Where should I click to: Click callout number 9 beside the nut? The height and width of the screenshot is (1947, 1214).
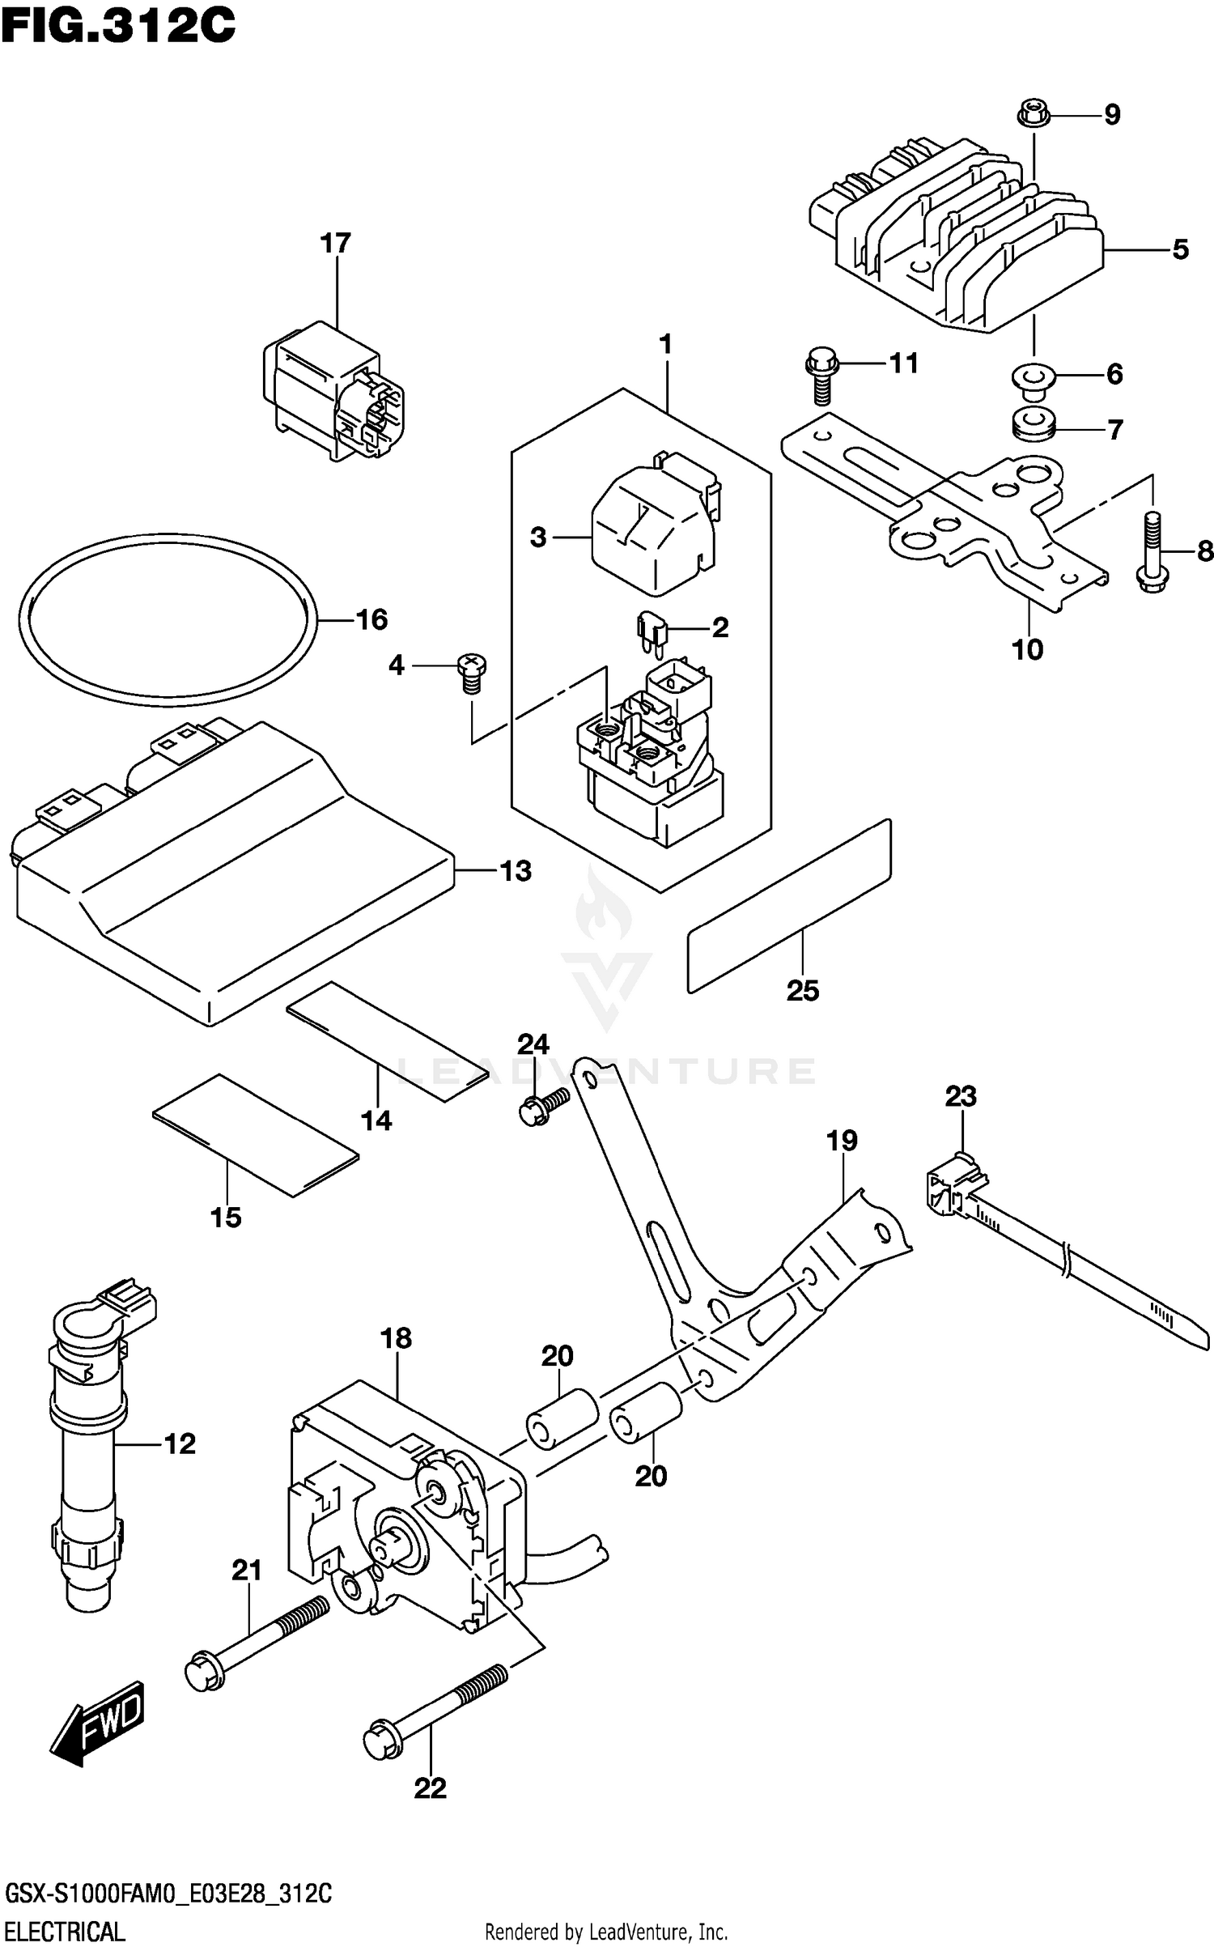click(1112, 115)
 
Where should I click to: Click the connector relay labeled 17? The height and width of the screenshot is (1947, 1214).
click(333, 391)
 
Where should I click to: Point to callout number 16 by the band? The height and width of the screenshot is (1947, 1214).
click(371, 619)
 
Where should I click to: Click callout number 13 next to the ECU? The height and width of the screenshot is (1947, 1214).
click(516, 871)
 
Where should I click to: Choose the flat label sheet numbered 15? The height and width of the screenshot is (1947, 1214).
click(255, 1133)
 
